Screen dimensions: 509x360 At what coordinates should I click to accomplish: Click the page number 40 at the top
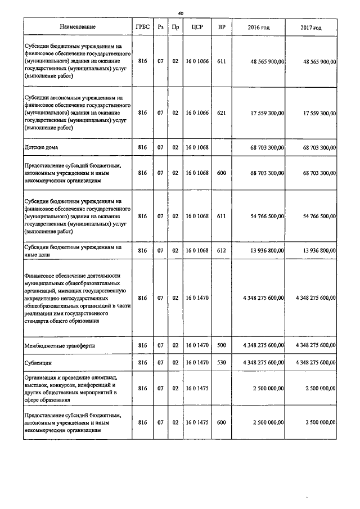coord(181,13)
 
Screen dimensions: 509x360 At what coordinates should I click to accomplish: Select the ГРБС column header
coord(142,27)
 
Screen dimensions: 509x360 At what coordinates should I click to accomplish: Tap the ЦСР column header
coord(197,27)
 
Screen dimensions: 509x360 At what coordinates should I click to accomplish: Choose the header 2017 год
coord(310,27)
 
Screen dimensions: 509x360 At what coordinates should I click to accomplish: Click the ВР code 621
coord(221,112)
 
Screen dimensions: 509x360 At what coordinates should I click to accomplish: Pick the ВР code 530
coord(221,363)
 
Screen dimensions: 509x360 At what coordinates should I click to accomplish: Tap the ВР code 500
coord(221,344)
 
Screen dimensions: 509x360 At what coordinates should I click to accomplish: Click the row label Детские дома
coord(42,147)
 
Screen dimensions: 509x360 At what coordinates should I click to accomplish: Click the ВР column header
coord(221,27)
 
